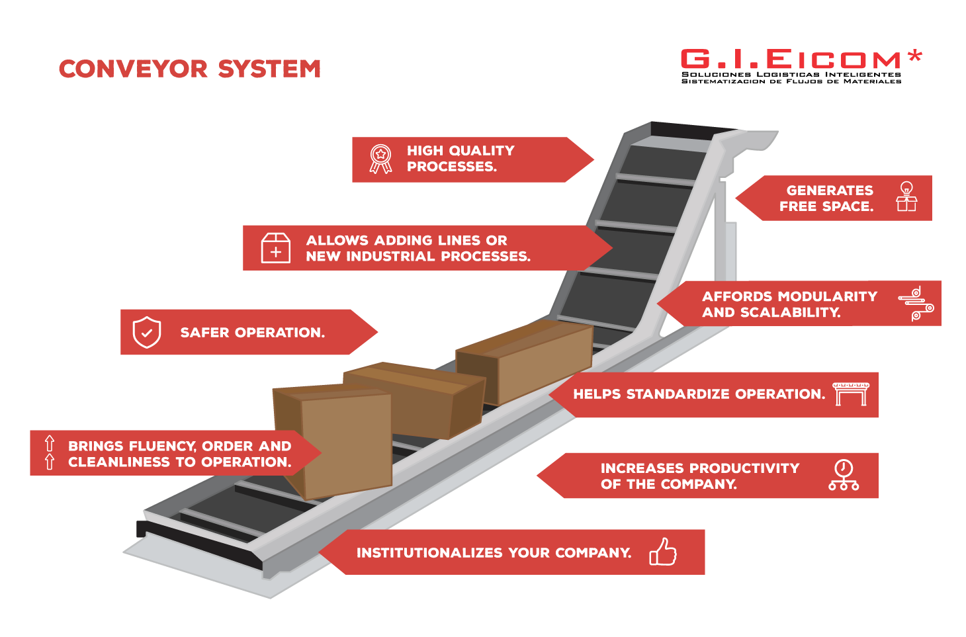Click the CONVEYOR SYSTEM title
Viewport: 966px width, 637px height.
190,69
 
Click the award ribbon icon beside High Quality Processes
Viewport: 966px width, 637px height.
380,159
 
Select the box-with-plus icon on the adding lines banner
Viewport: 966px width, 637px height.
276,248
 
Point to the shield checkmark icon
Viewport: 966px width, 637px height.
147,332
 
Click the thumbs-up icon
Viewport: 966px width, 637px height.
663,552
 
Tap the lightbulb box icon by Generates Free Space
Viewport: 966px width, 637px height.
906,197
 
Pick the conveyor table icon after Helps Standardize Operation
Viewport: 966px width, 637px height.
850,394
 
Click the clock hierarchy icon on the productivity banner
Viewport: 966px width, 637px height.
844,475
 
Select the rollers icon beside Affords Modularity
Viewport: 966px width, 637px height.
916,304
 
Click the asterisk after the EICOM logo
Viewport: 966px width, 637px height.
915,56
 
